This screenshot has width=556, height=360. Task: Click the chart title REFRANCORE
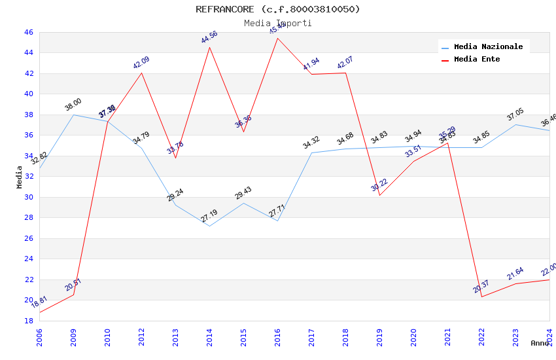[x=277, y=9]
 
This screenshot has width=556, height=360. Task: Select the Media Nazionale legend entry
[x=488, y=47]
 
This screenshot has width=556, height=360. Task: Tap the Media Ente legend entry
[x=477, y=60]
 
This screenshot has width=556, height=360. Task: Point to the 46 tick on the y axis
[x=28, y=32]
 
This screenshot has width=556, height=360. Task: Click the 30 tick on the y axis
[x=28, y=197]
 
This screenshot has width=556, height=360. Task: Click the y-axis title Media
[x=20, y=177]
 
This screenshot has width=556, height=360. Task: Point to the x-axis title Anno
[x=540, y=343]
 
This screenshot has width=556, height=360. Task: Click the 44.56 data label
[x=209, y=37]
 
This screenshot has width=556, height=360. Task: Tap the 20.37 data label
[x=481, y=286]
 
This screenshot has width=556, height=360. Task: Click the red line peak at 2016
[x=277, y=37]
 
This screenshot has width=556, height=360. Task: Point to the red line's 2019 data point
[x=379, y=195]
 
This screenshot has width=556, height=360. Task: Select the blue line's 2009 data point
[x=73, y=115]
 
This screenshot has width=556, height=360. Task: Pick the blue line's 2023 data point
[x=515, y=124]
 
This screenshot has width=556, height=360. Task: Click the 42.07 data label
[x=345, y=63]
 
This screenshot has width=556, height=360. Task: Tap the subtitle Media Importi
[x=277, y=23]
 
